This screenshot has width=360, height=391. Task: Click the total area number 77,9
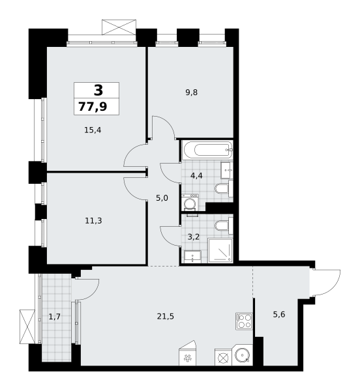93,107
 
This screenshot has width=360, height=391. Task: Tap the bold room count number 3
98,90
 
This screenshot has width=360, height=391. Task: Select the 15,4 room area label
93,130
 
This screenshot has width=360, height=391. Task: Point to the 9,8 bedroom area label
191,93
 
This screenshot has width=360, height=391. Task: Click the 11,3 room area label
93,221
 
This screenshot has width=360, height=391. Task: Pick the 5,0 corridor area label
162,198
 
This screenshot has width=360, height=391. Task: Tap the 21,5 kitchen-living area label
166,317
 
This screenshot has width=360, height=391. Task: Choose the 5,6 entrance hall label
279,315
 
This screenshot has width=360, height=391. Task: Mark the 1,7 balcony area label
55,317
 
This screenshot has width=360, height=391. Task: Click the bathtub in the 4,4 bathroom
207,150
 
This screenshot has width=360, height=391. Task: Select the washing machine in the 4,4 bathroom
190,203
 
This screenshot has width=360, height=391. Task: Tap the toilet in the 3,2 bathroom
224,226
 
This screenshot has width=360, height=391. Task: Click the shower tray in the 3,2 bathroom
220,251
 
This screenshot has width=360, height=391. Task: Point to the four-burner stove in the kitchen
244,321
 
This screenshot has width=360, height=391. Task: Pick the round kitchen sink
242,355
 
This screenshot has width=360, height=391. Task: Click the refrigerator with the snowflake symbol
187,353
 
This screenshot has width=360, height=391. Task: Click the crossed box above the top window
119,27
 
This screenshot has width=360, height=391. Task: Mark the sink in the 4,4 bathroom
227,170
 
